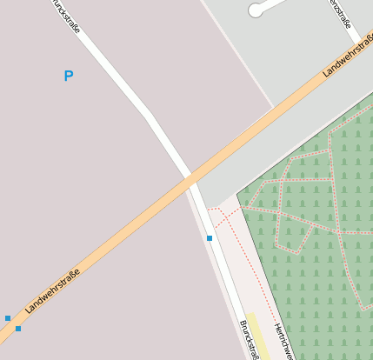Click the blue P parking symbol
coord(69,77)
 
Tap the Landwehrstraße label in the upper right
coord(347,55)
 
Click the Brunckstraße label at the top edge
coord(67,15)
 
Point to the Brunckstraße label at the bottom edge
coord(250,340)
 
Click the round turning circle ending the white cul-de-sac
coord(256,10)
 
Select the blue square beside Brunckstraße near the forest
coord(210,238)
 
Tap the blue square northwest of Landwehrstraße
coord(8,318)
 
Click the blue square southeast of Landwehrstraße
coord(18,329)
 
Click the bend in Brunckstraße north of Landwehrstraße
coord(149,115)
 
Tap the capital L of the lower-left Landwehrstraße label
coord(29,310)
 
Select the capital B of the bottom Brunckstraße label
coord(243,324)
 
